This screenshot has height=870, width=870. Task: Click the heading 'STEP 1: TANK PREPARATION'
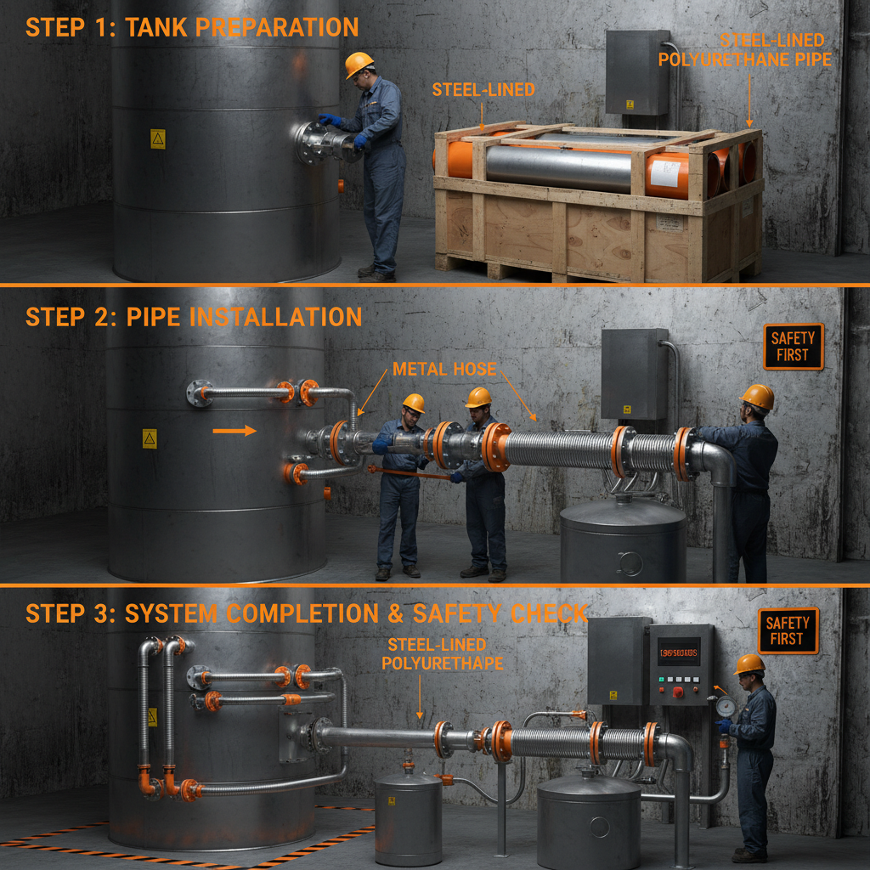192,27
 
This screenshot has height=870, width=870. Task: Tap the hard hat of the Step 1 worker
359,64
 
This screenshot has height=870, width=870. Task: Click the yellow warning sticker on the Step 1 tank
157,138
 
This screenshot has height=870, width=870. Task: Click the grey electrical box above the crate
636,72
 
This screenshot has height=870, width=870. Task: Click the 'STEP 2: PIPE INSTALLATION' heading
194,318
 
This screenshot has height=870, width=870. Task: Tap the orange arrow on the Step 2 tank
234,431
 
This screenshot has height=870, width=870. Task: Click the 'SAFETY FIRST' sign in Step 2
793,346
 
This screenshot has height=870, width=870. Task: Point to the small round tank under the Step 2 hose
623,540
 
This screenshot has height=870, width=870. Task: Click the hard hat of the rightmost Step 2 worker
757,396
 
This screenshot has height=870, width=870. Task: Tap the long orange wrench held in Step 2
408,472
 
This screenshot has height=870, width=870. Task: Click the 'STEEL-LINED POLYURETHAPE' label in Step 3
436,654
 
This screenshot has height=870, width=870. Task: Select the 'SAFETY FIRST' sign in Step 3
788,630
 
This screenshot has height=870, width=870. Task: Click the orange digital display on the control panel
679,652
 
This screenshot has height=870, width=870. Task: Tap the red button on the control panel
678,692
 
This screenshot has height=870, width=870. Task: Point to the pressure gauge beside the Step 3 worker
725,706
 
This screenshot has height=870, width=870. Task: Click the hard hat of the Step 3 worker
749,664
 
